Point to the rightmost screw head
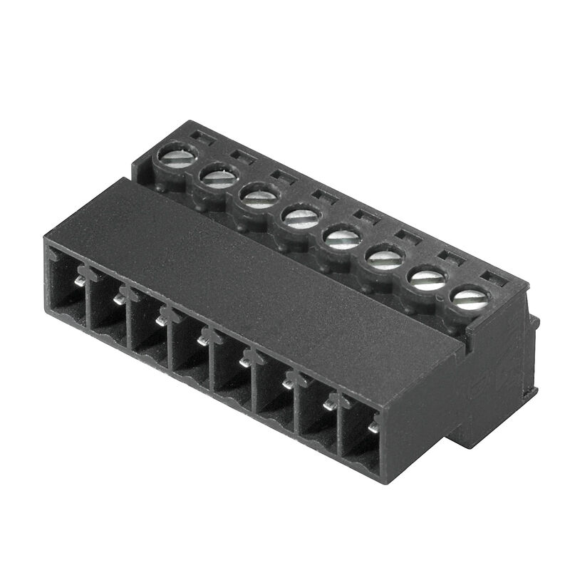470,296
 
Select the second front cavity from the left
107,310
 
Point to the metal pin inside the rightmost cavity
373,427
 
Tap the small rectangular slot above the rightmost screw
495,278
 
